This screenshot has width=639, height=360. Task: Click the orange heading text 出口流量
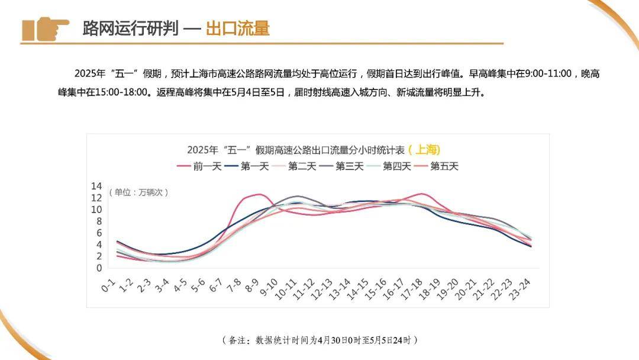coord(237,28)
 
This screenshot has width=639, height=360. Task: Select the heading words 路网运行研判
coord(130,28)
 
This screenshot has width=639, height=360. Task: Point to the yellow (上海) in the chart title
coord(424,150)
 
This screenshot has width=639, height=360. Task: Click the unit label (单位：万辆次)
coord(138,192)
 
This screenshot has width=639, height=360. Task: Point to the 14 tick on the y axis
coord(96,186)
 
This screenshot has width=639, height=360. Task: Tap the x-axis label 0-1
coord(108,287)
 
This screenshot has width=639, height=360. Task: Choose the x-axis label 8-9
coord(252,288)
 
